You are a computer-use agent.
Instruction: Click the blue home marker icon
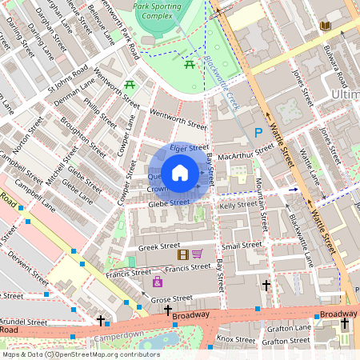click(x=180, y=172)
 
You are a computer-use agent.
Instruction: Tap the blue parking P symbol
click(x=258, y=133)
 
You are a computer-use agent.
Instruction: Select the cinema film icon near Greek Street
click(x=184, y=254)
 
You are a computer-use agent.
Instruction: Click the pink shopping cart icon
click(x=197, y=254)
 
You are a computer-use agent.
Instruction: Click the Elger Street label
click(x=189, y=149)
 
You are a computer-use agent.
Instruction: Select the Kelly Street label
click(x=238, y=206)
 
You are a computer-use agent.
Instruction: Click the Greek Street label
click(x=158, y=248)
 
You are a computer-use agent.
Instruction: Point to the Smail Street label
click(x=242, y=246)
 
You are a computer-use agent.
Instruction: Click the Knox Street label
click(x=235, y=339)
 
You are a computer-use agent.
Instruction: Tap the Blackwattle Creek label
click(x=222, y=87)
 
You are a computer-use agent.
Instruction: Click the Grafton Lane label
click(x=290, y=327)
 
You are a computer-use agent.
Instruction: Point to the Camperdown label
click(x=118, y=336)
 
